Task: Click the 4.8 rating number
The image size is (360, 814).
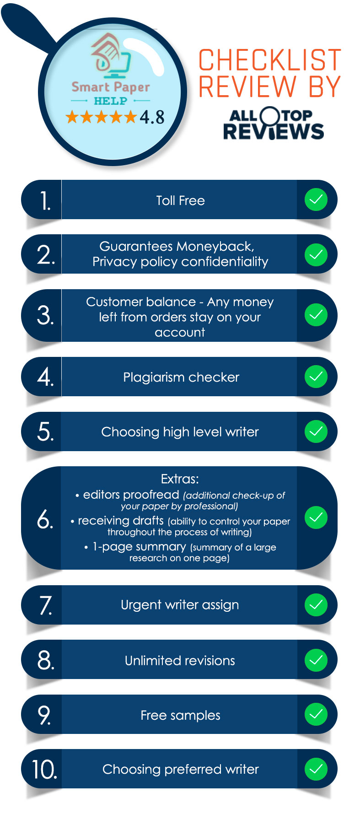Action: [152, 117]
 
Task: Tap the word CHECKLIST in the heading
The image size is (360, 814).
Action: [270, 60]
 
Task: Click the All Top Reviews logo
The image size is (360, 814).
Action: [274, 123]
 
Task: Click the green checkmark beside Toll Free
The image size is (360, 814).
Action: [316, 199]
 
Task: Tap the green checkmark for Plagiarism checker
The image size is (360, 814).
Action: [316, 377]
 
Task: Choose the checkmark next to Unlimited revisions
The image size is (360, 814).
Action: [316, 660]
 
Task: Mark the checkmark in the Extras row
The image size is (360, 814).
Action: [316, 518]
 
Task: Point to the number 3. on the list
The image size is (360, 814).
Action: [45, 316]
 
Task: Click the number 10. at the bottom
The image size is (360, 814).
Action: [44, 769]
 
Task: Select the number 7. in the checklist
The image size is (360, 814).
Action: [46, 605]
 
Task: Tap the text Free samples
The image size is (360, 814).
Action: [180, 715]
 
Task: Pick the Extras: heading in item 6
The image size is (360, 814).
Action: [180, 479]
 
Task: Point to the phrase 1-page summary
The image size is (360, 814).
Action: [139, 547]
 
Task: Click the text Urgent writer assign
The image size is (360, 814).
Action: [180, 605]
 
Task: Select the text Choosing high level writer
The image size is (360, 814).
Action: [180, 432]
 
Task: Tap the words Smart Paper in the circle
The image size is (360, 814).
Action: [111, 87]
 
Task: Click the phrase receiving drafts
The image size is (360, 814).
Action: [121, 521]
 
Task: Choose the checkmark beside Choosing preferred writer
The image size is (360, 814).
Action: [316, 769]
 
